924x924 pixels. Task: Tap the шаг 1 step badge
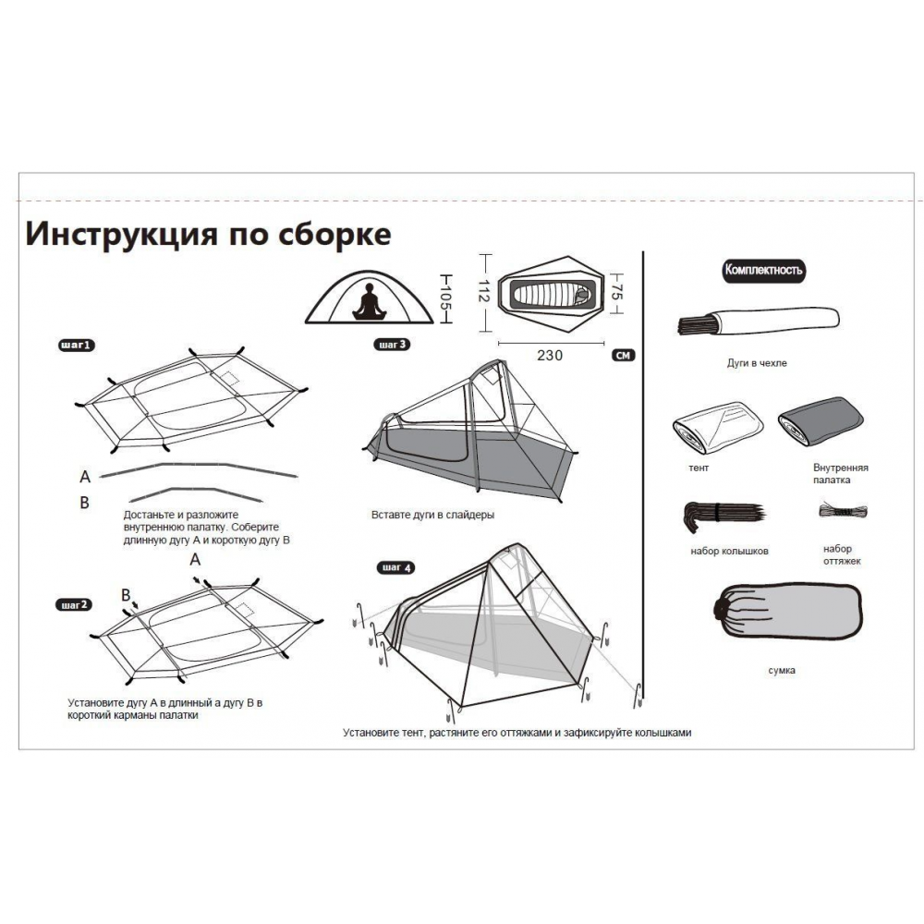pos(76,346)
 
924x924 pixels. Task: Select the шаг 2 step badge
pos(74,605)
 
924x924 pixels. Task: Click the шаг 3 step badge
pos(393,346)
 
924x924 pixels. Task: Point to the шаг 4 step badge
pos(395,567)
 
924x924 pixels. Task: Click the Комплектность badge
pos(763,271)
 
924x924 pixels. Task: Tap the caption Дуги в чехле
pos(757,363)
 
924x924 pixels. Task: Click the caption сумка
pos(782,670)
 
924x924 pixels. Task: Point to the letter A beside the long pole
pos(85,477)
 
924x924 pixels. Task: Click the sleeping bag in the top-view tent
pos(550,295)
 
